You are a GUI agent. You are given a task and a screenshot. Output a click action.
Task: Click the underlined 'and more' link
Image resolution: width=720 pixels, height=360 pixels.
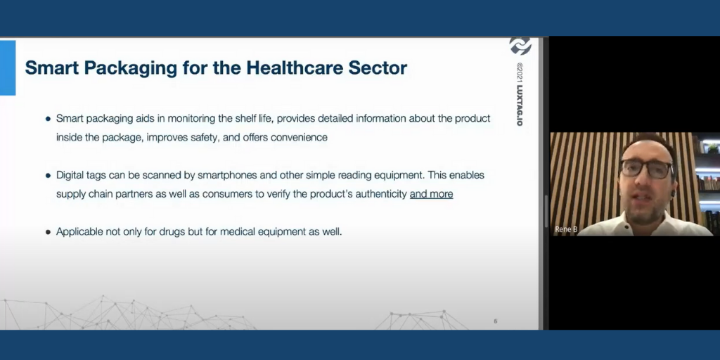pos(431,194)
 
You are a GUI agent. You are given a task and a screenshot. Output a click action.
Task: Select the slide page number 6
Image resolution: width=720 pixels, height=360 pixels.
pos(496,321)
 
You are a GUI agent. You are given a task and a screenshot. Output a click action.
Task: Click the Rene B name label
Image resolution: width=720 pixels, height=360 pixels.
pos(566,229)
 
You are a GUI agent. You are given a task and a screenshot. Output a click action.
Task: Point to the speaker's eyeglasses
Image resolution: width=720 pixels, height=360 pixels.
pos(645,169)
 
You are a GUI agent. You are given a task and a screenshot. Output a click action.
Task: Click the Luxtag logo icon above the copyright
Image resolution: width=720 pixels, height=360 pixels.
pos(520,46)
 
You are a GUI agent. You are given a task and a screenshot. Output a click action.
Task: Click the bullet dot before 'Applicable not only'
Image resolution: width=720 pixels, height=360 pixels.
pos(49,232)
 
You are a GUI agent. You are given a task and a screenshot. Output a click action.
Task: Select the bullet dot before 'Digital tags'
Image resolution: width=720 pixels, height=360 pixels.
pos(49,176)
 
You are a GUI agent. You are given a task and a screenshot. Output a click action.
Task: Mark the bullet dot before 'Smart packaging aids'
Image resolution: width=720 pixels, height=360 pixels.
pos(49,119)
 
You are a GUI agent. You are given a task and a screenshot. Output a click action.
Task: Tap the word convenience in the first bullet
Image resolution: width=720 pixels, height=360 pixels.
pos(299,137)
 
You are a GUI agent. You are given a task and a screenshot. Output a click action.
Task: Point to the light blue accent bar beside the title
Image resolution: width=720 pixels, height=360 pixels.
pos(8,67)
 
